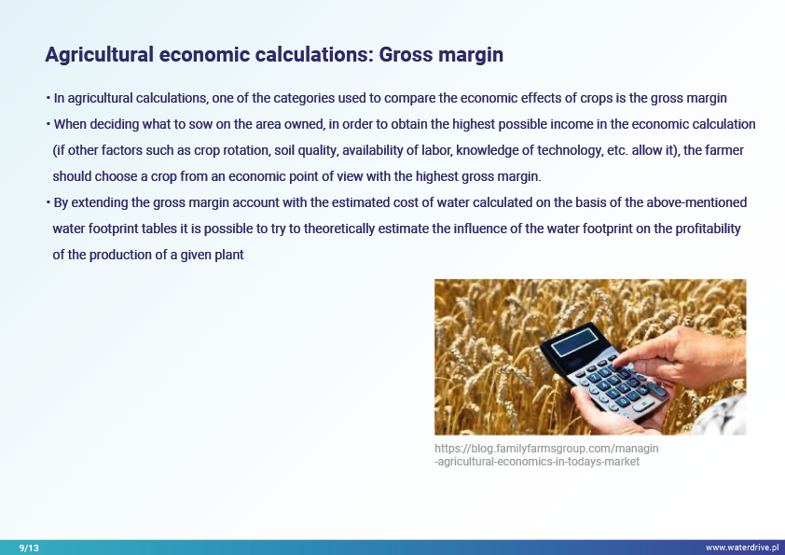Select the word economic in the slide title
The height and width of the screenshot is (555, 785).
tap(204, 55)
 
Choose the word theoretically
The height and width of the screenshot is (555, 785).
tap(339, 229)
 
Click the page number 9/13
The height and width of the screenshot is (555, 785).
tap(29, 548)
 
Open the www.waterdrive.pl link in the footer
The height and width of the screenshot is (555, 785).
tap(742, 548)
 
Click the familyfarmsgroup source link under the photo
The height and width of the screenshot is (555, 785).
tap(546, 455)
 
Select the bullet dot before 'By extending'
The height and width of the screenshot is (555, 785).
tap(48, 202)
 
